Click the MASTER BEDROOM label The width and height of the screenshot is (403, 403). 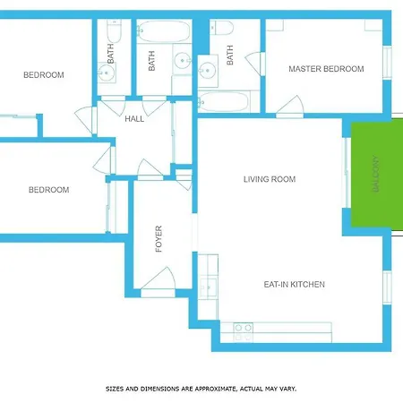tap(326, 69)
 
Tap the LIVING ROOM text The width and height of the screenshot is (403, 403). tap(270, 179)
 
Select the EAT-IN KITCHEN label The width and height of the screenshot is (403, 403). tap(294, 285)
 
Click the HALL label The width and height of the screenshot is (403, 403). tap(134, 119)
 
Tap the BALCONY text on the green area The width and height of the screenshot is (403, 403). tap(376, 174)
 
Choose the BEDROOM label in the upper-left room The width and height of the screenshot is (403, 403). tap(44, 75)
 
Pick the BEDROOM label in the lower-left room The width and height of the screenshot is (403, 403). tap(48, 190)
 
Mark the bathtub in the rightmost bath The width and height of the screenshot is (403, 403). tap(227, 100)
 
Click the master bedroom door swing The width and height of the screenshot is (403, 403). tap(289, 107)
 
